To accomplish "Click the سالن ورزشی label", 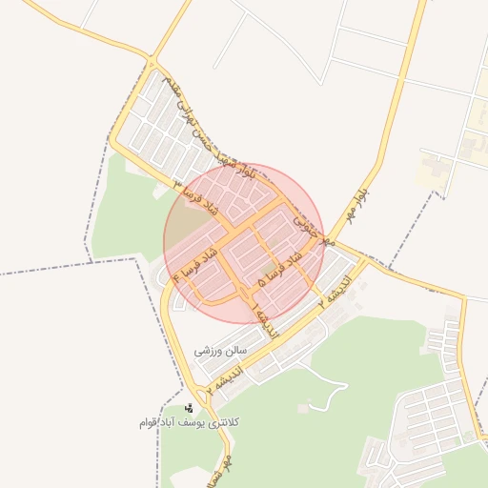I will tap(221, 351).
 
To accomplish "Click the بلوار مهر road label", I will tap(360, 194).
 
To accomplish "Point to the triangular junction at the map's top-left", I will tap(152, 55).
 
